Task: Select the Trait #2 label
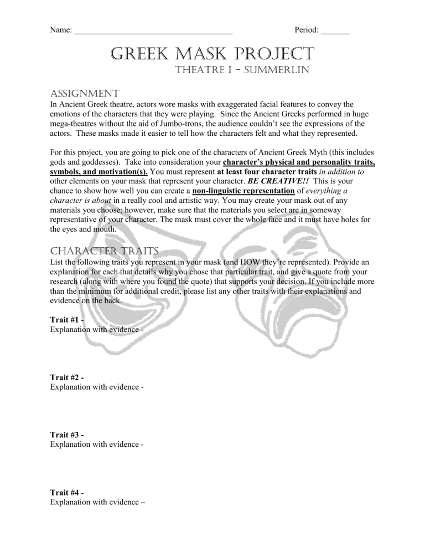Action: [x=67, y=377]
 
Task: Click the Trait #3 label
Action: [x=67, y=434]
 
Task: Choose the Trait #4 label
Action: [x=67, y=491]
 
